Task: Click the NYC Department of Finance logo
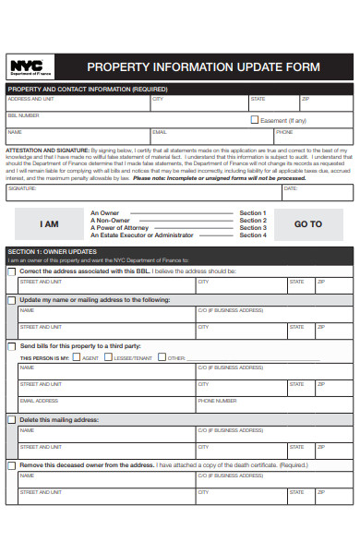pyautogui.click(x=30, y=66)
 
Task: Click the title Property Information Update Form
pyautogui.click(x=203, y=67)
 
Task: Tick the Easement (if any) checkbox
pyautogui.click(x=256, y=120)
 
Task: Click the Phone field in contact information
pyautogui.click(x=314, y=137)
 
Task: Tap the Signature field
pyautogui.click(x=138, y=192)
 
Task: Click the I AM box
pyautogui.click(x=49, y=224)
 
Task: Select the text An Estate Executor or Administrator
pyautogui.click(x=141, y=235)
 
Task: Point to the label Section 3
pyautogui.click(x=252, y=228)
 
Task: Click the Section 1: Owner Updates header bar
pyautogui.click(x=179, y=251)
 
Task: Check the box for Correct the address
pyautogui.click(x=11, y=271)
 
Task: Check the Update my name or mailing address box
pyautogui.click(x=11, y=300)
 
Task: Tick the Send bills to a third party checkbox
pyautogui.click(x=11, y=346)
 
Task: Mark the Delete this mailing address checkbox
pyautogui.click(x=11, y=419)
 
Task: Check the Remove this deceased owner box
pyautogui.click(x=11, y=464)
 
